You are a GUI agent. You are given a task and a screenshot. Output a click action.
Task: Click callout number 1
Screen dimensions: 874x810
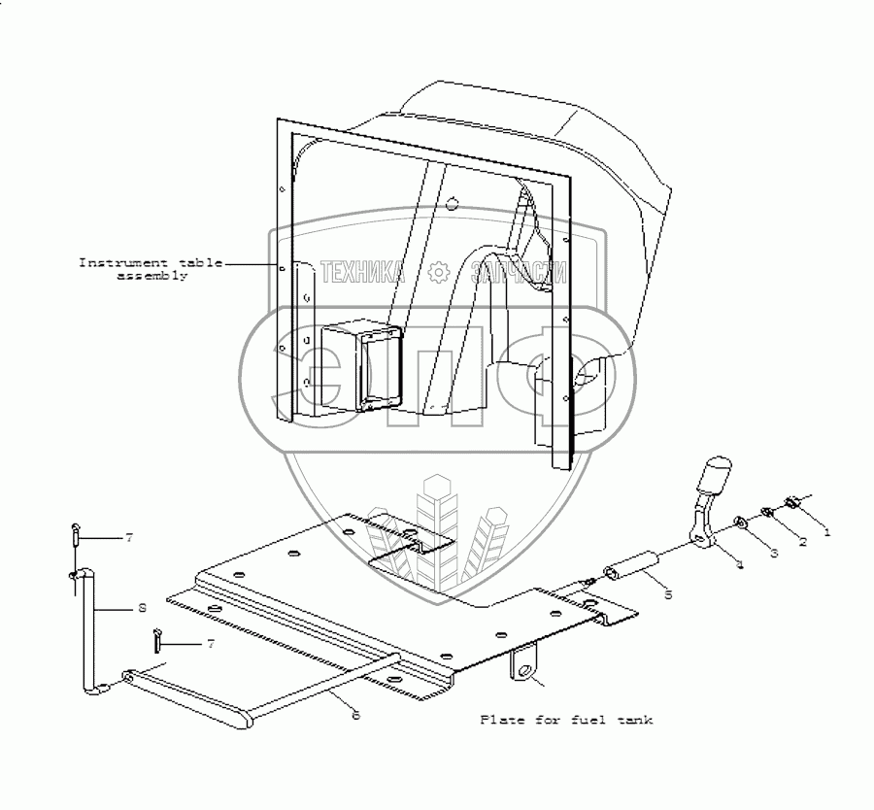tap(826, 532)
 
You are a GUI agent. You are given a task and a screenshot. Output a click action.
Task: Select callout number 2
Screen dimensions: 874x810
tap(802, 543)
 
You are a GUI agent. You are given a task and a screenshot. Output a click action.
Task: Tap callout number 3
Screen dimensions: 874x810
tap(773, 553)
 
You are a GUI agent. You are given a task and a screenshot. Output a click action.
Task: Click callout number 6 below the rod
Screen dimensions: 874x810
tap(355, 716)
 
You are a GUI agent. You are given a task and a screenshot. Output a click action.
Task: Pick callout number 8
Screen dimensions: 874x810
tap(142, 608)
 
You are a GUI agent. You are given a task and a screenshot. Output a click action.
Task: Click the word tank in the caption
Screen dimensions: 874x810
tap(635, 720)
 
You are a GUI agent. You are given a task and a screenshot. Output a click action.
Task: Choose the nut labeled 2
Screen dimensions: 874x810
tap(766, 513)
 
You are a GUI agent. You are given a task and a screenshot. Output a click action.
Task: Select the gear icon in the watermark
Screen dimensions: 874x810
tap(438, 273)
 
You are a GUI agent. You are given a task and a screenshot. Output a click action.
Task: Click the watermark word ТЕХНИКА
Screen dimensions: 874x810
tap(360, 273)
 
